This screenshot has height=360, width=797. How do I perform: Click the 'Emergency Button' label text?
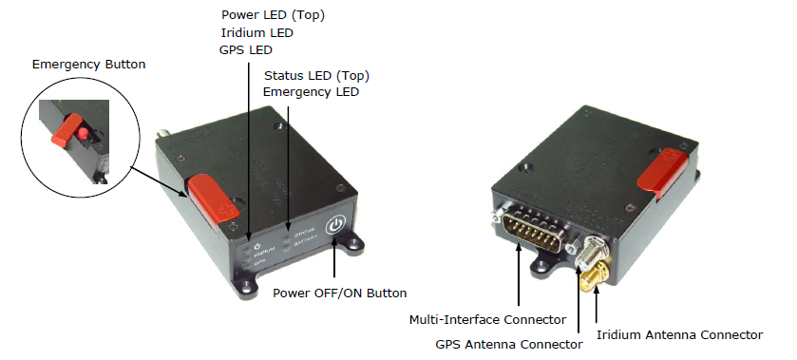click(88, 65)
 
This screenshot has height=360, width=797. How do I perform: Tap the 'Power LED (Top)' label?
click(273, 15)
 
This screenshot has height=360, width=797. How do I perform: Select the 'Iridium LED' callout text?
click(257, 33)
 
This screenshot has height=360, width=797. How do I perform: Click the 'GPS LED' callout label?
click(246, 50)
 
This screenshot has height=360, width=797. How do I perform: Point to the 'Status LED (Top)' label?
click(316, 76)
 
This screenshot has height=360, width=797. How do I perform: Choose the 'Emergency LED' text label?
click(311, 92)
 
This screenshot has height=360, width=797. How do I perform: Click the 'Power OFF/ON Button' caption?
click(340, 294)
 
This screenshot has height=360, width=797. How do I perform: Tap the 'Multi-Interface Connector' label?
click(487, 320)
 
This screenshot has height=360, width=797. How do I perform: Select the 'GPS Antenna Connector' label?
click(509, 344)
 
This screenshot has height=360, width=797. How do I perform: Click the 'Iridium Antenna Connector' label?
click(679, 335)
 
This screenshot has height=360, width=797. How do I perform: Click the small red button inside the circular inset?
click(82, 134)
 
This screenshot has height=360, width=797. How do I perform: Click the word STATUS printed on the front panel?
click(304, 229)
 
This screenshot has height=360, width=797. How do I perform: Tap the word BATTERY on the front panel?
click(306, 238)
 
